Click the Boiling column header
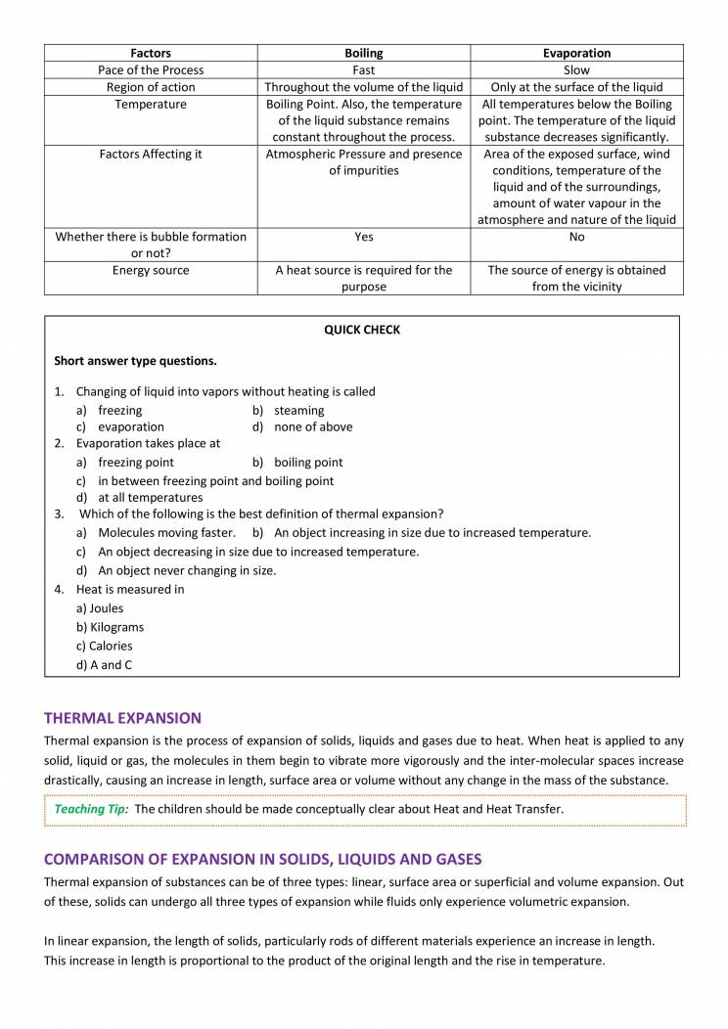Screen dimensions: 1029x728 364,53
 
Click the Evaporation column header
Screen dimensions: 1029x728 576,53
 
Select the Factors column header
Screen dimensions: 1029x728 151,53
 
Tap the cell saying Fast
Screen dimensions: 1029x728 364,70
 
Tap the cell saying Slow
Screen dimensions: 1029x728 576,70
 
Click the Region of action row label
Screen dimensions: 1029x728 151,87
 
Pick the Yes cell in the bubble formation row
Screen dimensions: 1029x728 364,237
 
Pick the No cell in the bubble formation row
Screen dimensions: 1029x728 576,237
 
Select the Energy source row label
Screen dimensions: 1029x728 151,270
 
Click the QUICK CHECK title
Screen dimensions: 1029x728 362,330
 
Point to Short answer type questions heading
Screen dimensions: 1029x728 135,361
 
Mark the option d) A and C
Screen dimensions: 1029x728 105,665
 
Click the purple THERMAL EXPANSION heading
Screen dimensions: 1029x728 122,718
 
